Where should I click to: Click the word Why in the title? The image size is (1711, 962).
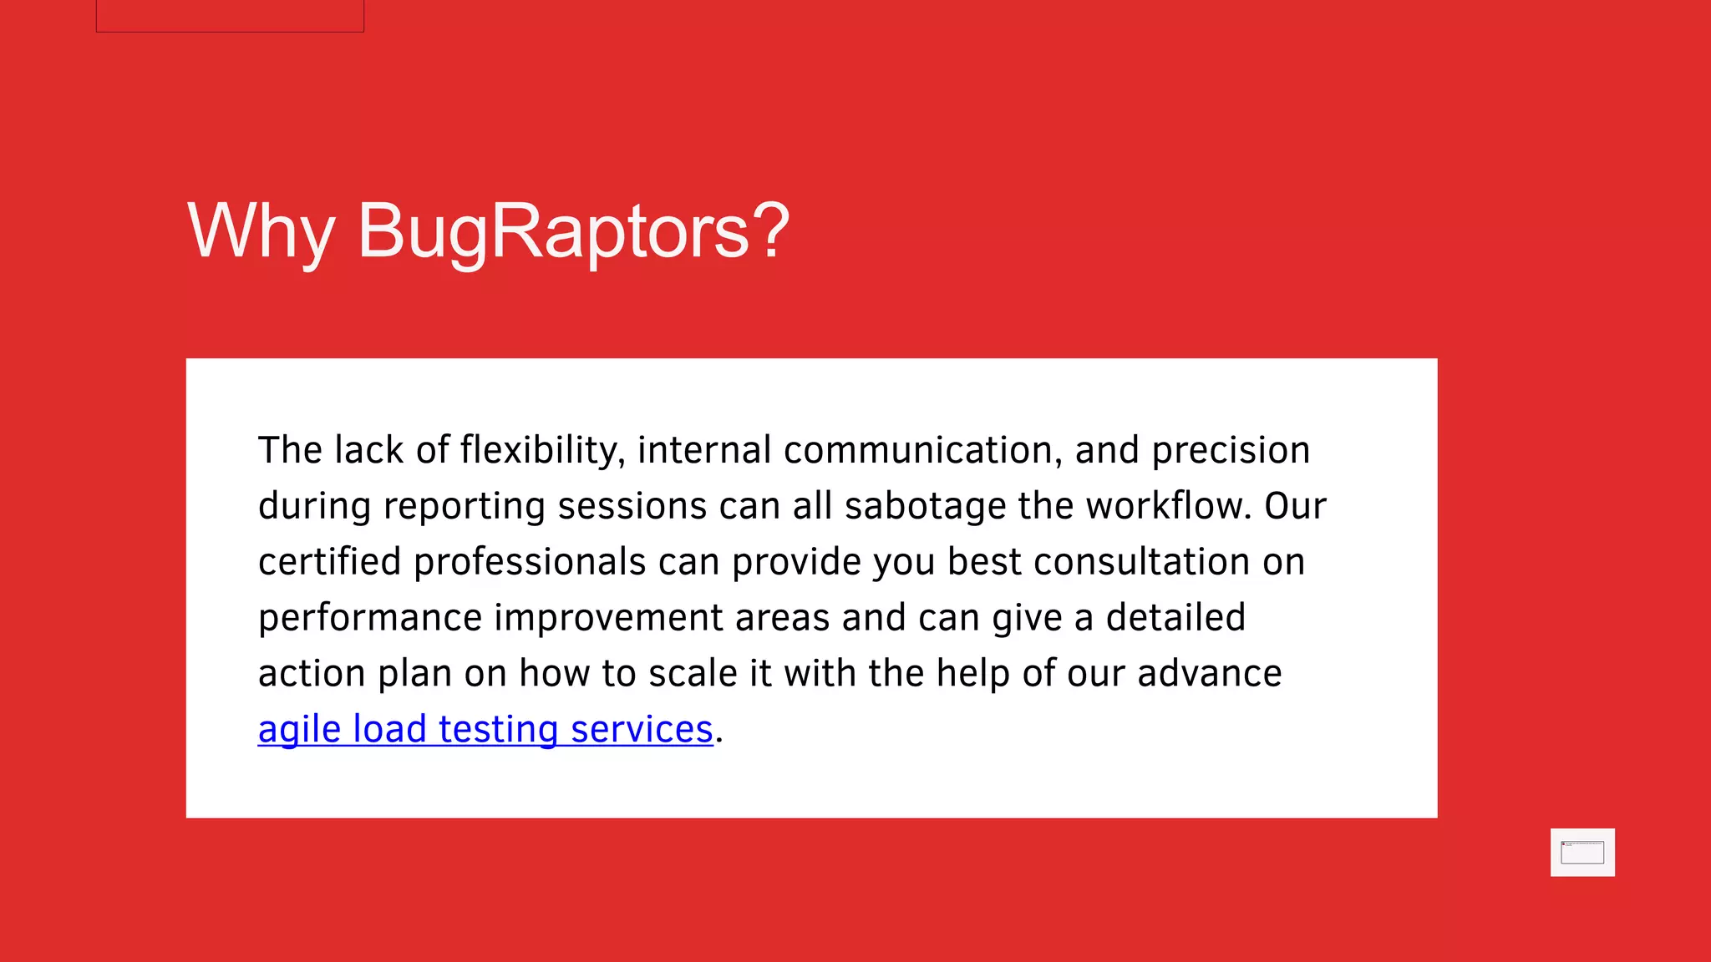click(x=261, y=231)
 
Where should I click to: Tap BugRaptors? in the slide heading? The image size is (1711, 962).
click(x=573, y=231)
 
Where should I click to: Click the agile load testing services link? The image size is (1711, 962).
click(x=485, y=729)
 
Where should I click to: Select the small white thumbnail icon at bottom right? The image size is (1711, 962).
click(x=1582, y=853)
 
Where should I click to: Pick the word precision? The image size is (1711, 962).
click(x=1231, y=451)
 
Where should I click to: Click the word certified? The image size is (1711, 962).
click(x=330, y=562)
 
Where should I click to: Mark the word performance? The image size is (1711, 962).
click(x=370, y=618)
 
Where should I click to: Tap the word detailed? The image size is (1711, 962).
click(x=1175, y=618)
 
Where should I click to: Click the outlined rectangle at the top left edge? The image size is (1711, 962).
click(x=230, y=15)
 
